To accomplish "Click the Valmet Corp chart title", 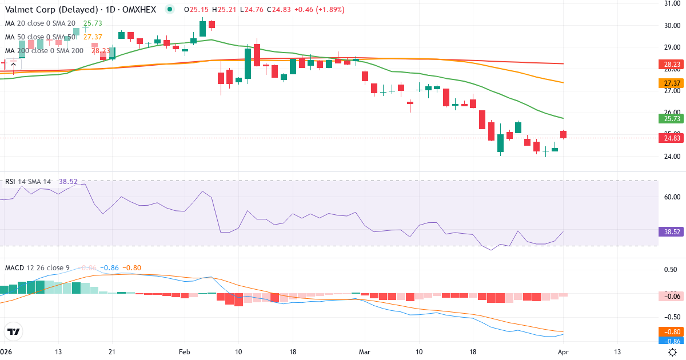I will coord(80,10).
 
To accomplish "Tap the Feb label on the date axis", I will coord(184,351).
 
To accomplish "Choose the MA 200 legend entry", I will coord(44,50).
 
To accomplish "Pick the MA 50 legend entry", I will coord(40,37).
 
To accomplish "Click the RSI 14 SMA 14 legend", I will coord(28,181).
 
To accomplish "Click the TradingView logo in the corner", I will coord(14,331).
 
